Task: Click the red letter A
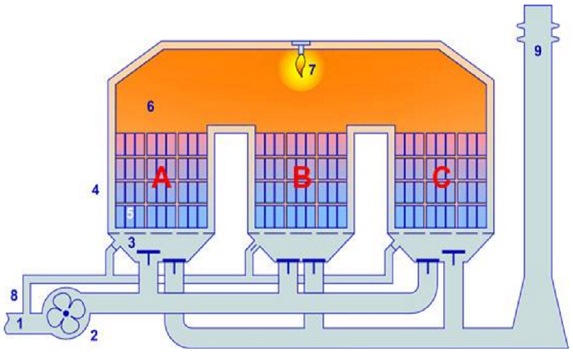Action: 161,179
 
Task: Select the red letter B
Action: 302,178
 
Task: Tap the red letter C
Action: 442,178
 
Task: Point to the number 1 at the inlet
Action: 20,323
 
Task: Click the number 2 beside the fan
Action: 94,335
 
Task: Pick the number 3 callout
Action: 131,242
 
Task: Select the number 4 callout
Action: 95,190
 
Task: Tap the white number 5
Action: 130,213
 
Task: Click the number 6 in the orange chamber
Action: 151,107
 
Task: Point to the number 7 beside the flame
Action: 312,69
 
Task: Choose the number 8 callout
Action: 14,295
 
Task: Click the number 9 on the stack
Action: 538,51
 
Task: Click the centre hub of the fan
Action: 66,313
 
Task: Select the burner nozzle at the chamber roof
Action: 300,47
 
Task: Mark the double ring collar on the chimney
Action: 538,32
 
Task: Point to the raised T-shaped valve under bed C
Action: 454,257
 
